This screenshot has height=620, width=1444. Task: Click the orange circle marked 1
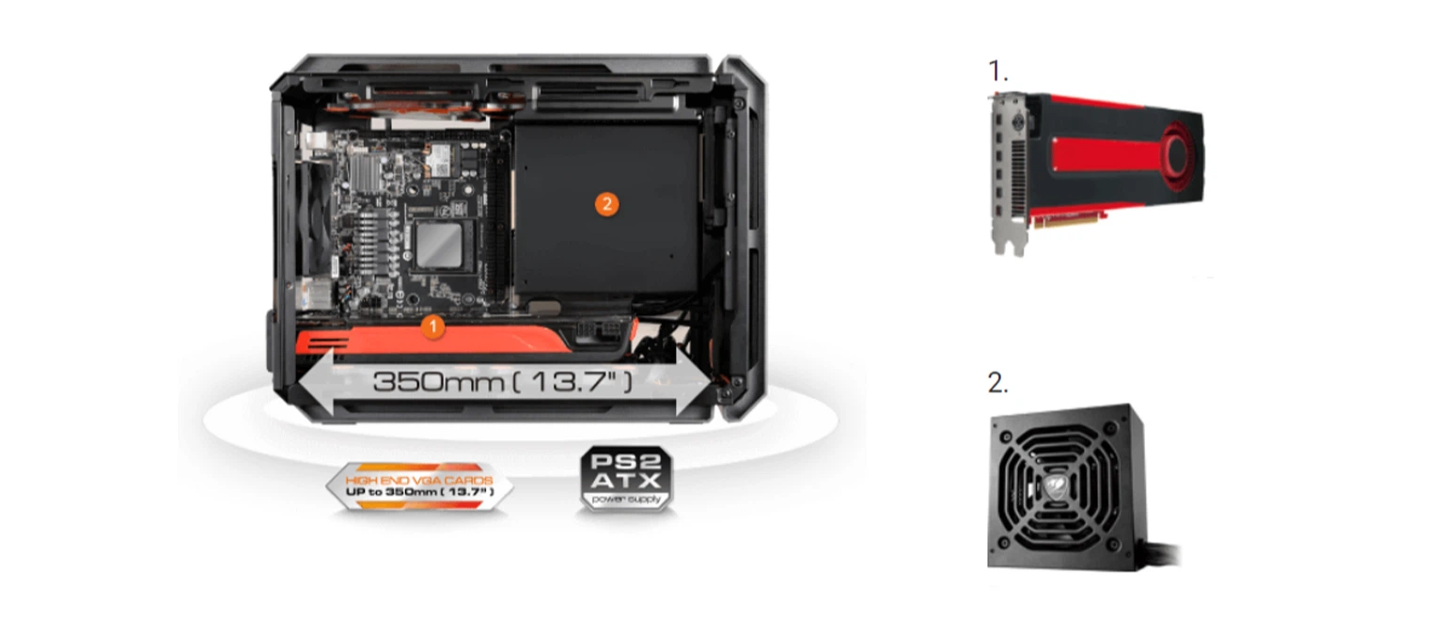[432, 326]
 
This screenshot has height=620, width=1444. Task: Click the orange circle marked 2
[606, 204]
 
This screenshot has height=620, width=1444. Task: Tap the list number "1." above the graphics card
[997, 71]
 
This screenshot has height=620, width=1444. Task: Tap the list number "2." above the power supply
[997, 383]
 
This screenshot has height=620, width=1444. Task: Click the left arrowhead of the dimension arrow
[316, 381]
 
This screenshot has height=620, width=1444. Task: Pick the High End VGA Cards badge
[419, 486]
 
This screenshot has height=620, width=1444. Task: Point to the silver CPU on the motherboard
[440, 246]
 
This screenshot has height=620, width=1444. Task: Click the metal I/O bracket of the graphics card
[1008, 173]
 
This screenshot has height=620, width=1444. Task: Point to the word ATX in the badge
[627, 481]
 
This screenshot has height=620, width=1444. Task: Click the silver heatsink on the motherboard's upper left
[366, 171]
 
